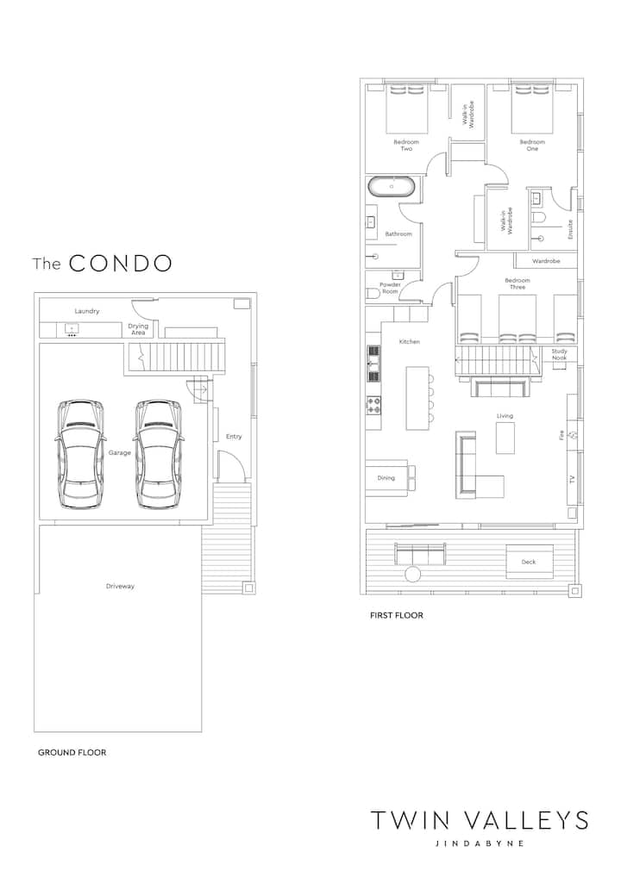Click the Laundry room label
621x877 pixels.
coord(87,311)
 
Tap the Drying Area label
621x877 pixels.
coord(138,329)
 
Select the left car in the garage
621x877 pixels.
coord(80,454)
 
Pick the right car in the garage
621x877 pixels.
coord(160,454)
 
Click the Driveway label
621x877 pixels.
coord(120,586)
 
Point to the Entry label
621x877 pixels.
coord(234,436)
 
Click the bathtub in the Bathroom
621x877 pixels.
coord(392,187)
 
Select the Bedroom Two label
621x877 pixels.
coord(406,146)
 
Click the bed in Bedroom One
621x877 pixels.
coord(532,109)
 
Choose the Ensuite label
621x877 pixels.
coord(571,229)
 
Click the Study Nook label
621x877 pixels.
coord(559,355)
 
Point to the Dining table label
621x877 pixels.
coord(386,477)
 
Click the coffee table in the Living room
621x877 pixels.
coord(505,438)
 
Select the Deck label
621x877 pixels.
coord(529,562)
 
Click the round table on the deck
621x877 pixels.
coord(414,575)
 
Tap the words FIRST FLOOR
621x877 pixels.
coord(397,615)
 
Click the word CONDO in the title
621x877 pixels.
coord(120,264)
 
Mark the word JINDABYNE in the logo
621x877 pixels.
coord(480,843)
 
